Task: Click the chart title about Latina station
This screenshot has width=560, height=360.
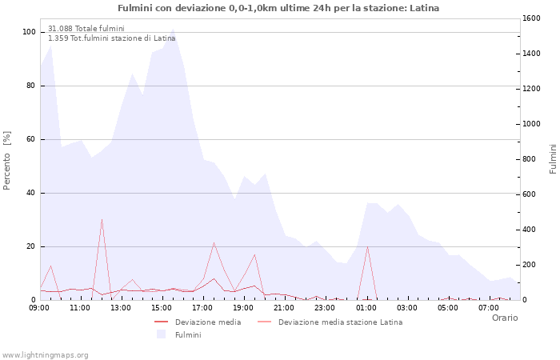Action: [278, 8]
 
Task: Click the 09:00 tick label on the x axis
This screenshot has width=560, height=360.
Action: [39, 307]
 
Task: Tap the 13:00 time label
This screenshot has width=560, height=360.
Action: [121, 307]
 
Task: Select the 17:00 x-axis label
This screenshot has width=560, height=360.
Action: [202, 307]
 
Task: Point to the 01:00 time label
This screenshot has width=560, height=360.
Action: [366, 307]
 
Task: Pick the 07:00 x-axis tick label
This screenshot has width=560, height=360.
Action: [488, 307]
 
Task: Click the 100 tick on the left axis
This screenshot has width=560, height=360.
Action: [30, 32]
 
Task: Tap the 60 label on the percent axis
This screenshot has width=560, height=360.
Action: [31, 139]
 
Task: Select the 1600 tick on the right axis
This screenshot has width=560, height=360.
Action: [532, 18]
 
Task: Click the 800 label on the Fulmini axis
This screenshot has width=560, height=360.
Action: [530, 159]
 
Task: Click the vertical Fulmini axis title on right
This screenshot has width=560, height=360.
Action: [553, 158]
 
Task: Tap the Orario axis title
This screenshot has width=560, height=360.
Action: [505, 318]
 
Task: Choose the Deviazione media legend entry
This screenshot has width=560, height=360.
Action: [207, 322]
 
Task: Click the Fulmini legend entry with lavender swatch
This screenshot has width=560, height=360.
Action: [188, 334]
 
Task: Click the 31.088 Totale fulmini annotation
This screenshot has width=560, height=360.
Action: [86, 29]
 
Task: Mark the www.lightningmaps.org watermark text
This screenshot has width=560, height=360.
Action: [46, 354]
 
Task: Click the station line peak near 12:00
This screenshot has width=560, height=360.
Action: [102, 219]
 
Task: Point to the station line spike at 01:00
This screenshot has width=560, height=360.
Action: [367, 246]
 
